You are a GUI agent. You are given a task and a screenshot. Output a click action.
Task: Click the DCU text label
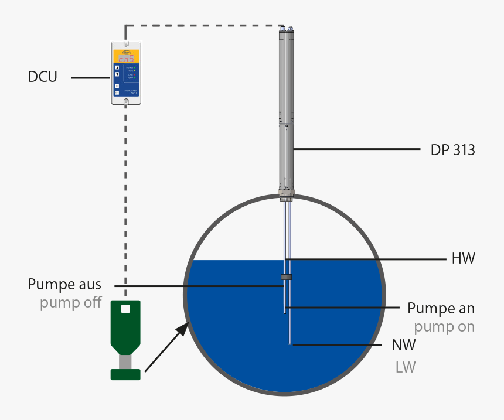click(42, 77)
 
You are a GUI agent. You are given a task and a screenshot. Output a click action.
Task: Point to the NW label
click(405, 345)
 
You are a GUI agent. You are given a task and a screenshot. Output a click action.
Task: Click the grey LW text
click(406, 367)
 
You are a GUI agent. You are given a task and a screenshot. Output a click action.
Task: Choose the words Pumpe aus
click(64, 285)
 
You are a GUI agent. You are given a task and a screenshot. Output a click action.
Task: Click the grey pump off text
click(70, 303)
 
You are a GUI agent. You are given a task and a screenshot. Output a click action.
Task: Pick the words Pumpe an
click(441, 308)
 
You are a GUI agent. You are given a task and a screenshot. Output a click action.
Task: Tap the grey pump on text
click(444, 326)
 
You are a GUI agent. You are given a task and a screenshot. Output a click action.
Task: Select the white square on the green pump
click(125, 308)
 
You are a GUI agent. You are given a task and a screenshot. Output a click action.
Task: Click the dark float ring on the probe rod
click(285, 276)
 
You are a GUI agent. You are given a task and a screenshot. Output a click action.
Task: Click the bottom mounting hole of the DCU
click(126, 102)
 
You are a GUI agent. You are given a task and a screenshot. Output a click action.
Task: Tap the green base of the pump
click(125, 374)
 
